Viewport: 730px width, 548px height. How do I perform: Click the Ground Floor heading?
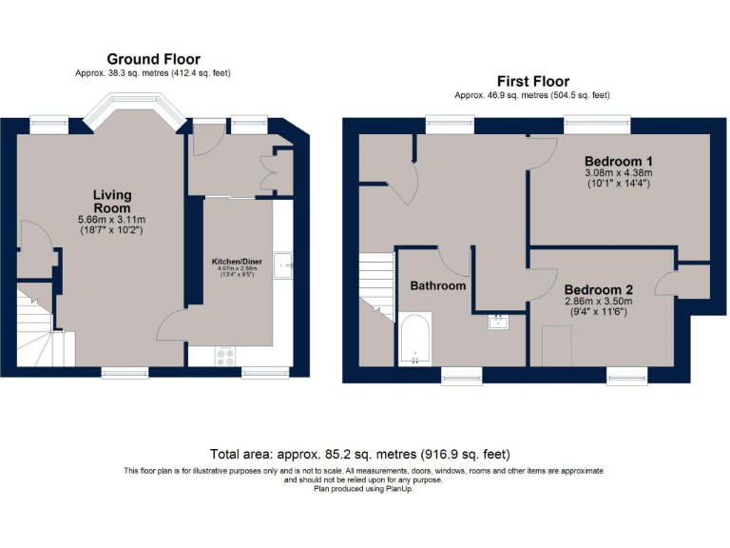[153, 59]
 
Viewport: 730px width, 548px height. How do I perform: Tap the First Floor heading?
[532, 81]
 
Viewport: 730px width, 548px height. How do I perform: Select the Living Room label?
[112, 202]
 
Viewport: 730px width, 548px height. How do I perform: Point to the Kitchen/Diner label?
[238, 260]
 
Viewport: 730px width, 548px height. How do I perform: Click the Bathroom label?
[437, 285]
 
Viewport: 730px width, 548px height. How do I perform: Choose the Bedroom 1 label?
[617, 160]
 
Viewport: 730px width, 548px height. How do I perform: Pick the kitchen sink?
[283, 264]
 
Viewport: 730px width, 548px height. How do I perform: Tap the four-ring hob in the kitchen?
[227, 356]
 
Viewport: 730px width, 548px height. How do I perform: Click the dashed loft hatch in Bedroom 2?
[556, 345]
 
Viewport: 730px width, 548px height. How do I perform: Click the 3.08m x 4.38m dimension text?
[617, 173]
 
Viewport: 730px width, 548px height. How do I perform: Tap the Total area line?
[365, 455]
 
